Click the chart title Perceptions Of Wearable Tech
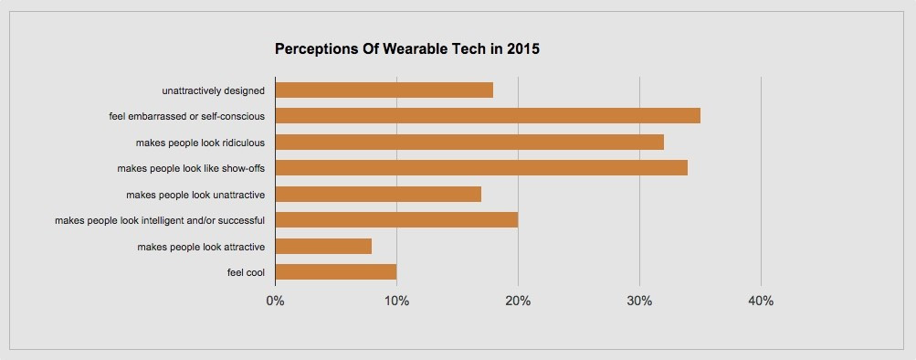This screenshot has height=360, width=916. point(406,49)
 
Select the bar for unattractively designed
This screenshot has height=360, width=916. point(384,90)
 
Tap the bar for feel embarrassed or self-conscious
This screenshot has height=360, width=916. point(487,116)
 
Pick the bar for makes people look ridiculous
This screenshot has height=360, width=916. point(469,142)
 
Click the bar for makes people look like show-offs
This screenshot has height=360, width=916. point(480,168)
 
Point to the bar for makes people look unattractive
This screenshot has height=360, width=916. point(377,194)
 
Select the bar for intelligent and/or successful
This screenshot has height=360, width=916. point(395,220)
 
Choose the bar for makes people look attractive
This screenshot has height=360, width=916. point(322,246)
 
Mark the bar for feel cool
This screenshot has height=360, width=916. point(335,272)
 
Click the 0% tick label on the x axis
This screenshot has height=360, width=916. point(274,302)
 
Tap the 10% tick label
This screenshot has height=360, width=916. point(396,302)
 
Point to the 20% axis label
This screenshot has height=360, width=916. point(518,302)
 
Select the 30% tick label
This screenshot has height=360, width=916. point(639,302)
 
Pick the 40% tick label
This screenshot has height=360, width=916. point(761,302)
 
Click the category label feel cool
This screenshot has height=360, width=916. point(246,272)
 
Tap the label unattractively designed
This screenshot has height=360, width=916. point(213,90)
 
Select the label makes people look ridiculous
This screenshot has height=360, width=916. point(200,143)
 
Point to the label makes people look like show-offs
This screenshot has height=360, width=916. point(191,169)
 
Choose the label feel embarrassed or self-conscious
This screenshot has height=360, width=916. point(186,117)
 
